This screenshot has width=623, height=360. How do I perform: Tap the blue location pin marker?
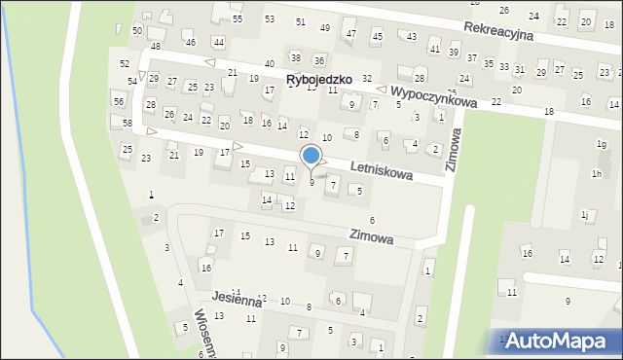311,157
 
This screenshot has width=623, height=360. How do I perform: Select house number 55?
238,19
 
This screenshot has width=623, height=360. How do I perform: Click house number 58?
128,123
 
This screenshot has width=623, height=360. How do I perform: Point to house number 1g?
601,145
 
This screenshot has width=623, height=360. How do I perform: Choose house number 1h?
596,173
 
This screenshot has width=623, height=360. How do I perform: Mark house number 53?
270,19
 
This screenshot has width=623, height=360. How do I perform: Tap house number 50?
137,31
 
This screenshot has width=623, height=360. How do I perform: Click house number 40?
269,63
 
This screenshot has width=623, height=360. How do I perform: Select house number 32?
367,78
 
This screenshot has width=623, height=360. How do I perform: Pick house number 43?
412,37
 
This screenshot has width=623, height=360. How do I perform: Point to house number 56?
118,101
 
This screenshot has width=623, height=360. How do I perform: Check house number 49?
325,27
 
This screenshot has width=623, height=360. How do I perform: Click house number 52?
125,63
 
